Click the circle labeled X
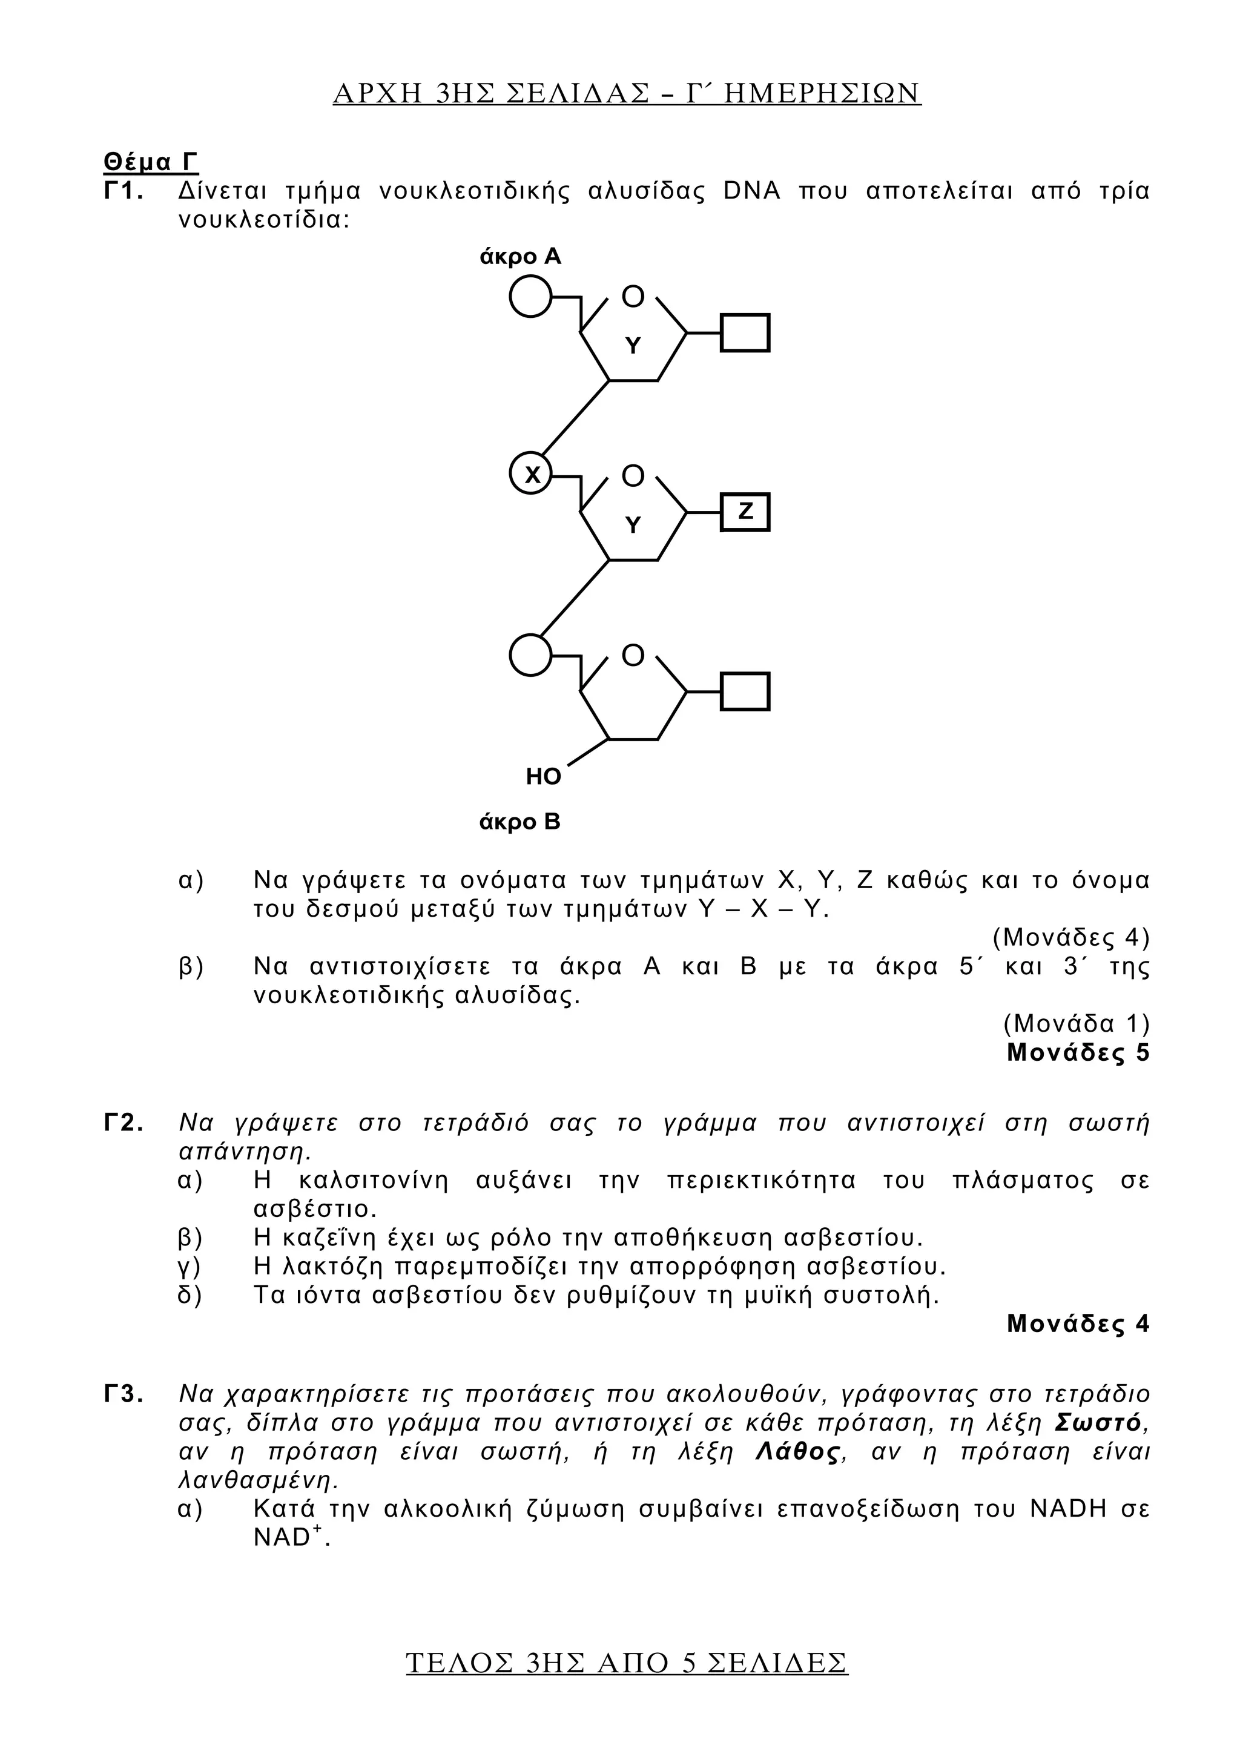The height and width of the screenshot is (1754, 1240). pyautogui.click(x=531, y=475)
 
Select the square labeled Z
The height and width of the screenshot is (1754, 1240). pyautogui.click(x=745, y=512)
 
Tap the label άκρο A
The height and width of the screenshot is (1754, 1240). pyautogui.click(x=519, y=257)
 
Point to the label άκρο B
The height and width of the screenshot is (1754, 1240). pyautogui.click(x=519, y=822)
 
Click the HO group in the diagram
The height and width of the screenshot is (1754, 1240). pyautogui.click(x=543, y=777)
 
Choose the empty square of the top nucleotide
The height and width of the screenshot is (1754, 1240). pyautogui.click(x=745, y=333)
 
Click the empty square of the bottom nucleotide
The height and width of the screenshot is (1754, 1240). pyautogui.click(x=745, y=691)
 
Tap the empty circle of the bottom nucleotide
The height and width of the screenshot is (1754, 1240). pyautogui.click(x=531, y=654)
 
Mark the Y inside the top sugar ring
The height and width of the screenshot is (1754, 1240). pyautogui.click(x=633, y=346)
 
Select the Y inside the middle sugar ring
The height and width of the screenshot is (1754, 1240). pyautogui.click(x=633, y=526)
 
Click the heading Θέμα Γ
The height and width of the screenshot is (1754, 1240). pyautogui.click(x=151, y=162)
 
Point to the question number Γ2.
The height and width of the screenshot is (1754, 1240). pyautogui.click(x=124, y=1123)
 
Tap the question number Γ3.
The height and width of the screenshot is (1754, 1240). pyautogui.click(x=124, y=1395)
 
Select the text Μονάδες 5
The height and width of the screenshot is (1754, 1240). pyautogui.click(x=1077, y=1053)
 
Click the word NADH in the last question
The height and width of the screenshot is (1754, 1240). pyautogui.click(x=1068, y=1509)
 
